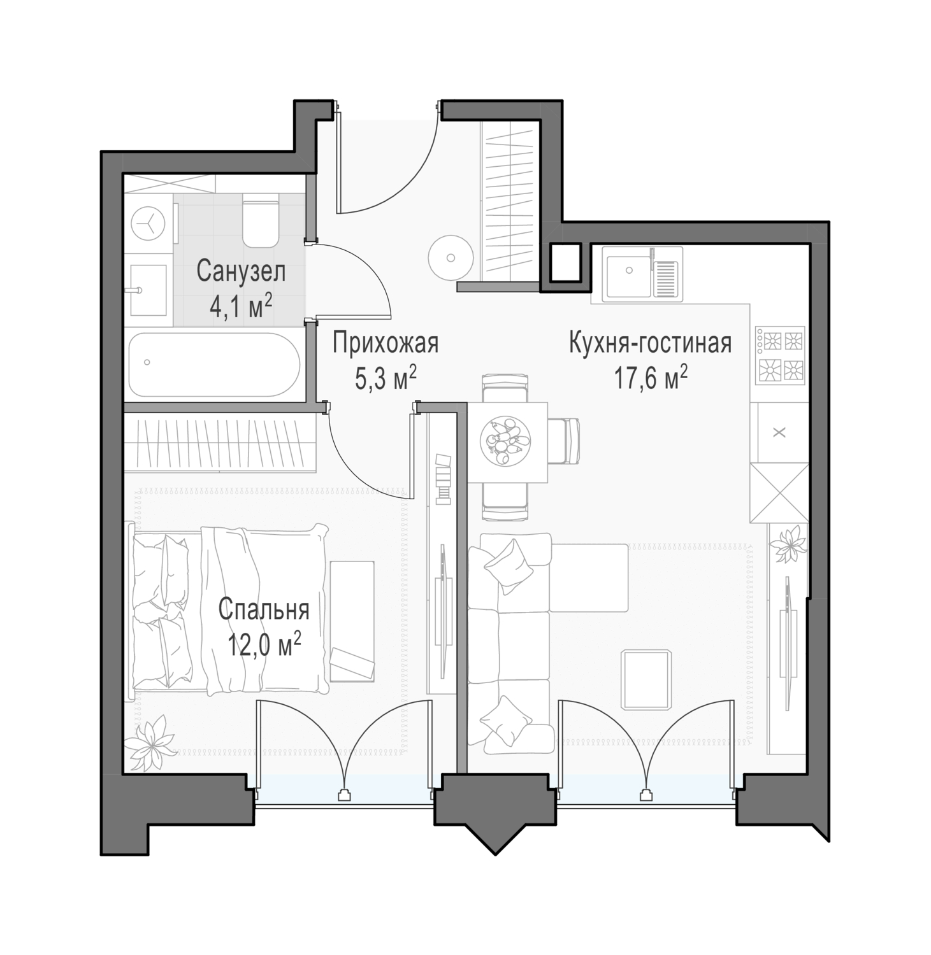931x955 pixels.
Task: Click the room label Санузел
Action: click(241, 272)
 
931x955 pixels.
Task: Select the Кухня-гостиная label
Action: click(650, 344)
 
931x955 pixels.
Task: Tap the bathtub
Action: click(214, 365)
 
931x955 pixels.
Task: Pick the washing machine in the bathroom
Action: click(148, 223)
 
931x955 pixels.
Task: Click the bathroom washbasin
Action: click(149, 290)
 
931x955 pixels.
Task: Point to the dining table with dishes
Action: click(508, 442)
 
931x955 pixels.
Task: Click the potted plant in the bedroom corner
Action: click(149, 744)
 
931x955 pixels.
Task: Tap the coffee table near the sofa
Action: click(646, 679)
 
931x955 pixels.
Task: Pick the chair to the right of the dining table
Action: click(565, 441)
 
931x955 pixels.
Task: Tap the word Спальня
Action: click(264, 610)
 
